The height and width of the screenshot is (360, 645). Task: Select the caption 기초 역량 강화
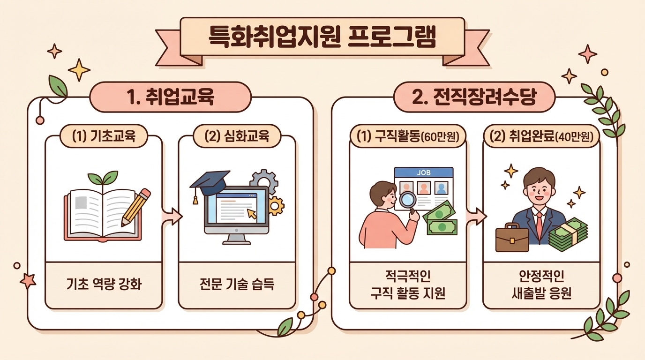(x=104, y=284)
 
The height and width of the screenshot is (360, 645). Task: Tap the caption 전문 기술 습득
(x=237, y=284)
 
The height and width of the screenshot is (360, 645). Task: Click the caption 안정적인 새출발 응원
(x=541, y=284)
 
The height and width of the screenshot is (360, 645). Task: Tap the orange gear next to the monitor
(x=276, y=206)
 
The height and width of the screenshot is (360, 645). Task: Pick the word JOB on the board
(x=424, y=172)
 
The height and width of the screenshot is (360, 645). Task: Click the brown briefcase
(x=511, y=238)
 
